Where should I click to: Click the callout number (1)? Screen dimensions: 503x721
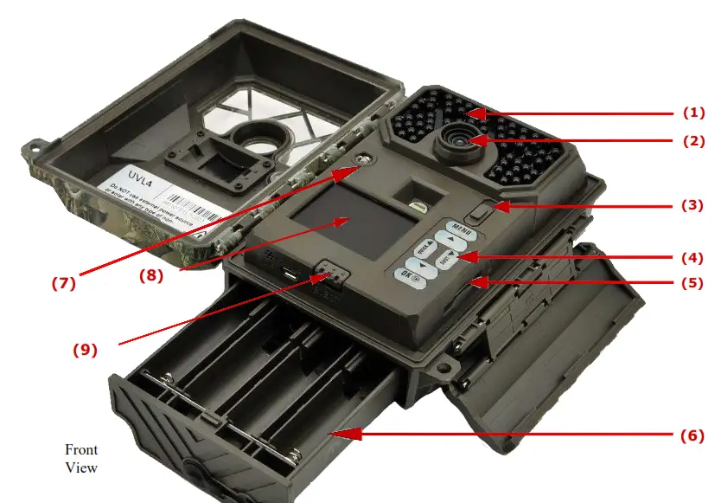point(693,113)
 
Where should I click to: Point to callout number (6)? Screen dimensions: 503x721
point(693,435)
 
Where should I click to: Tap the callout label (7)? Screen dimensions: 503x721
point(63,282)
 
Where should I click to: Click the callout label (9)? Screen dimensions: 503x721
point(85,350)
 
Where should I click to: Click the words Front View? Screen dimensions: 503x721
point(81,459)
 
